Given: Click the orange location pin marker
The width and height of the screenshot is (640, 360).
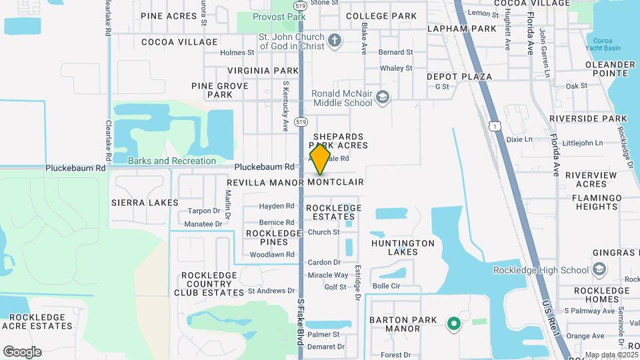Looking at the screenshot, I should coord(321,159).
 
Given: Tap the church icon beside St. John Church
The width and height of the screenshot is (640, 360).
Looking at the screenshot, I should coord(335,41).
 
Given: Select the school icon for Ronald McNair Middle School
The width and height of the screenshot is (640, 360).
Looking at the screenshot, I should coord(383,98).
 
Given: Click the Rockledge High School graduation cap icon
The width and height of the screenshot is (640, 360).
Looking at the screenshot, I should coord(599,269).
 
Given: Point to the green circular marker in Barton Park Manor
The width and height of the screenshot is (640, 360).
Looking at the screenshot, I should coord(454,324).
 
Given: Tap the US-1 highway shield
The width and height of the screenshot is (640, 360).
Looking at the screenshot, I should coord(494,125).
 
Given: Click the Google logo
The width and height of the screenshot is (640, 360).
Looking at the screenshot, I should coord(22,351).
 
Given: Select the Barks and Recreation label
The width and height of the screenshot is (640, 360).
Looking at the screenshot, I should coord(172,161).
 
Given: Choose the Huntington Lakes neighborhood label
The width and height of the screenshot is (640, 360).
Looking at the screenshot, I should coord(403,247).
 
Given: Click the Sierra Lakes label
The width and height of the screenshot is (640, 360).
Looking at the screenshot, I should coord(145,202).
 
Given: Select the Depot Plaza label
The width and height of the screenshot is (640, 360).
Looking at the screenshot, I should coord(459,77).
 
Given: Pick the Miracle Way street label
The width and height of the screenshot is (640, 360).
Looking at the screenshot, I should coord(328,275).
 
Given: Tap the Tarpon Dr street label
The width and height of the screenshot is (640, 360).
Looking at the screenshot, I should coord(204,211).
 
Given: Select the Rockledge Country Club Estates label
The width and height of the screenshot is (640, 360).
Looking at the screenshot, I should coord(209,283).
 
